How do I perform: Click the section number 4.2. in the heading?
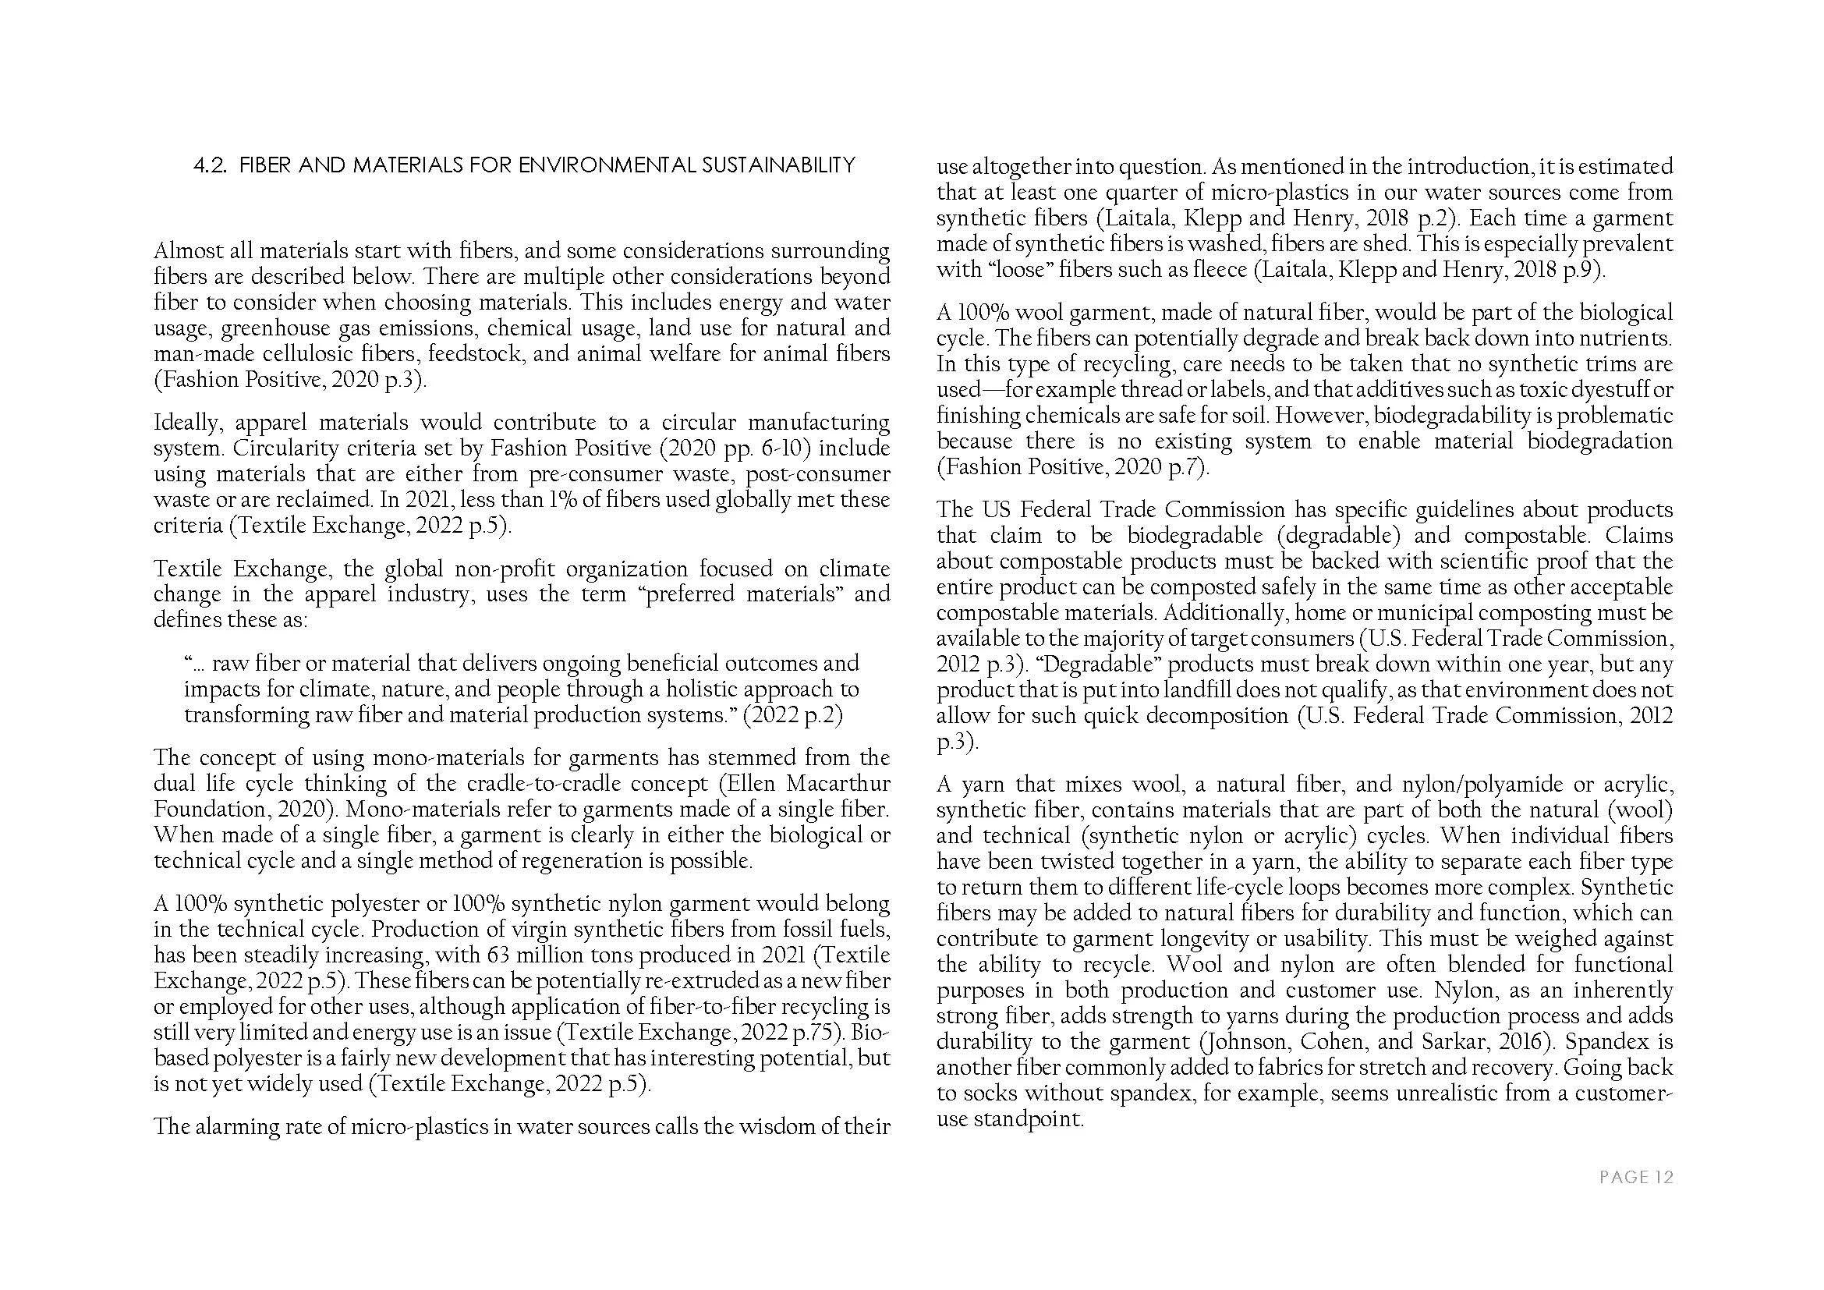tap(211, 165)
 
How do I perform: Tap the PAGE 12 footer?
tap(1636, 1177)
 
